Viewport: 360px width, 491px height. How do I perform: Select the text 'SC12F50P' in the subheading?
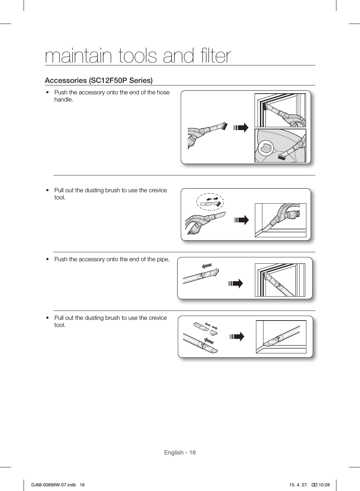pos(107,80)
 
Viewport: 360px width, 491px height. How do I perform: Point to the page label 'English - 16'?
pos(180,452)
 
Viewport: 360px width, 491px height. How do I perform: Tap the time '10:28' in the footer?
pos(324,485)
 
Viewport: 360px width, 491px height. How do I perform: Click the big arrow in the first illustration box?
pos(241,128)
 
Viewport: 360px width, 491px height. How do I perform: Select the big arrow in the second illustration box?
pos(241,220)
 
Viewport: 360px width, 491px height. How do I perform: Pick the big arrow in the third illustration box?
pos(236,284)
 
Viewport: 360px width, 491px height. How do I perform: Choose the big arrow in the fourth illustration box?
pos(237,337)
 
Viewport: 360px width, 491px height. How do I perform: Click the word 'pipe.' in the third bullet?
pos(163,259)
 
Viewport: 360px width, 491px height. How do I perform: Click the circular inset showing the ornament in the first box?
pos(266,148)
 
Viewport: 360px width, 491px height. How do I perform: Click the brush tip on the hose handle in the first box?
pos(224,126)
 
